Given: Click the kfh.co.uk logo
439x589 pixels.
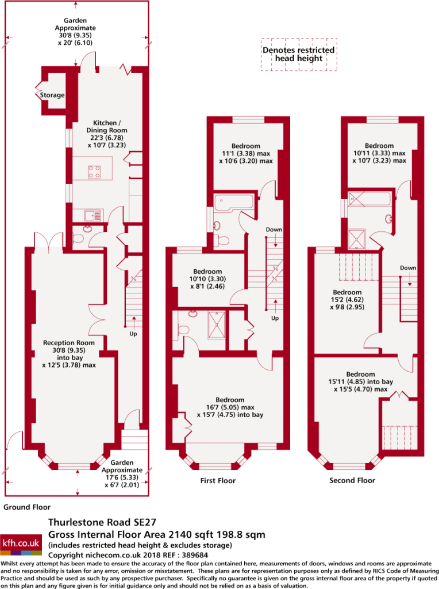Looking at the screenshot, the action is coord(21,544).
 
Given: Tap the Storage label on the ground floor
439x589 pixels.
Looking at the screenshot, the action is coord(52,95).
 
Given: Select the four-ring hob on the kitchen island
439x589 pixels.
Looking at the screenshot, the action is coord(94,171).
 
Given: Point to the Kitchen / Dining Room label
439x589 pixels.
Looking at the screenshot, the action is coord(107,133).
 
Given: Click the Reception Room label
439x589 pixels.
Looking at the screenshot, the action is coord(69,354).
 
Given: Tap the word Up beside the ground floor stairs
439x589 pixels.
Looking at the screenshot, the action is coord(133,334).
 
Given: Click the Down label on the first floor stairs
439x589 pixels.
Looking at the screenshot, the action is coord(274,230).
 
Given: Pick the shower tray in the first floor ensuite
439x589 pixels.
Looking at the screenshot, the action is coord(217,324).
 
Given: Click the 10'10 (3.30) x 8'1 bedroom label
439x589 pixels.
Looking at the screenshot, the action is coord(207,279).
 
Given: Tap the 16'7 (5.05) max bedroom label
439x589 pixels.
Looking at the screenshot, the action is coord(230,407).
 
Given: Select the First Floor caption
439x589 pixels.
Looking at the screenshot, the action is coord(218,480).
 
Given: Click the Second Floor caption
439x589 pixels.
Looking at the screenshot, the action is coord(352,480).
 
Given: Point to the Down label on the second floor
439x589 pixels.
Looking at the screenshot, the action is coord(408,268).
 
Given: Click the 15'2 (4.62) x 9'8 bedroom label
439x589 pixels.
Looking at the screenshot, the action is coord(348,299).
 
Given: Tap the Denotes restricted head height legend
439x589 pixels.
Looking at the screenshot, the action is coord(299,54).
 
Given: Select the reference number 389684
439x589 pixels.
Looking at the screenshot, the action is coord(195,555).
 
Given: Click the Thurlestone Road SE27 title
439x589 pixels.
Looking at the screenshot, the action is coord(102,522).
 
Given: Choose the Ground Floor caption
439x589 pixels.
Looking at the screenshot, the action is coord(27,507).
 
